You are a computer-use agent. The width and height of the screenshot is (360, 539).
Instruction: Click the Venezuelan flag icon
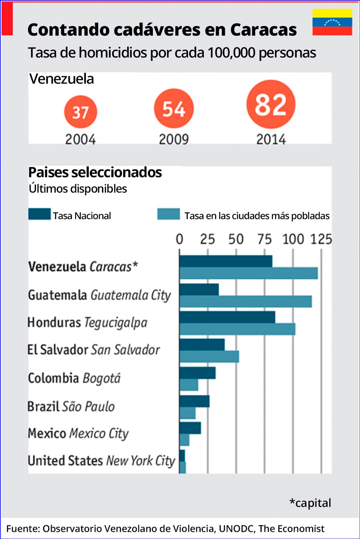[x=332, y=22]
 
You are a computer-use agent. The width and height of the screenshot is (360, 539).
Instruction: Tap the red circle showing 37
[x=80, y=112]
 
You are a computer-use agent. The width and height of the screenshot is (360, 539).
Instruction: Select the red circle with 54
[x=174, y=108]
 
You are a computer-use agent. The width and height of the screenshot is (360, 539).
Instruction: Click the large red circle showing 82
[x=271, y=104]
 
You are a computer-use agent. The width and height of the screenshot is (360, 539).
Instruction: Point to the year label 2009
[x=174, y=140]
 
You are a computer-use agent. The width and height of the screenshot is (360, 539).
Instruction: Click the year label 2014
[x=271, y=140]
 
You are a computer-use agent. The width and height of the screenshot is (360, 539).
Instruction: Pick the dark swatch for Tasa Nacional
[x=39, y=214]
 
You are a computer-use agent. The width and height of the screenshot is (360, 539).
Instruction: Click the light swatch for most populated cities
[x=168, y=214]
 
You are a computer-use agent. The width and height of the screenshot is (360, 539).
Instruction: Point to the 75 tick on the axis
[x=264, y=239]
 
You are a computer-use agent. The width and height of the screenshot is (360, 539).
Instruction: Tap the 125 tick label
[x=321, y=239]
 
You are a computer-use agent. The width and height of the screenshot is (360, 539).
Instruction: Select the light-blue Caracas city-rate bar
[x=248, y=273]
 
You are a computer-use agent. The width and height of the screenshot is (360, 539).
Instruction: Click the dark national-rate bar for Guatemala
[x=199, y=289]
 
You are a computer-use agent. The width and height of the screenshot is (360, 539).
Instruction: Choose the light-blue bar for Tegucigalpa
[x=237, y=329]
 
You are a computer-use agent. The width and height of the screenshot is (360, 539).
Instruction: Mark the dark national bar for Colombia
[x=197, y=373]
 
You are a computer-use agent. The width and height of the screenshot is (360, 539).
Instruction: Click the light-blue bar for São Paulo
[x=187, y=413]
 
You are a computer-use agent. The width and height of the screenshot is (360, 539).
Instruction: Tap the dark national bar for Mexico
[x=190, y=428]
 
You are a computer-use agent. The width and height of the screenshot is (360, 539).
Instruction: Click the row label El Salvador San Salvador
[x=94, y=350]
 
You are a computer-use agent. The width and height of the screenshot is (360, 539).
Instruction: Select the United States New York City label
[x=101, y=461]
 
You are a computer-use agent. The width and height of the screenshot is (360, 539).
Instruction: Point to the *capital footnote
[x=310, y=503]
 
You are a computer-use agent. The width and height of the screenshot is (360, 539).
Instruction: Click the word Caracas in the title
[x=263, y=30]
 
